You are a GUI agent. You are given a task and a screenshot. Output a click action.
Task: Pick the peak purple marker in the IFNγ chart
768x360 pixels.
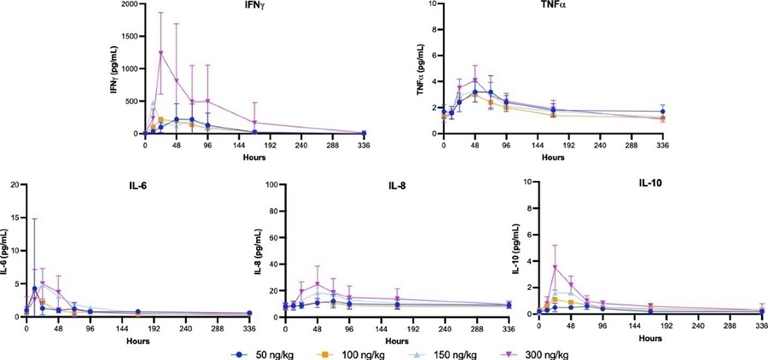coord(160,53)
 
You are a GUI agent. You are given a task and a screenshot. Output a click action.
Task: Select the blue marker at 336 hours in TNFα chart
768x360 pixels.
coord(662,112)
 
